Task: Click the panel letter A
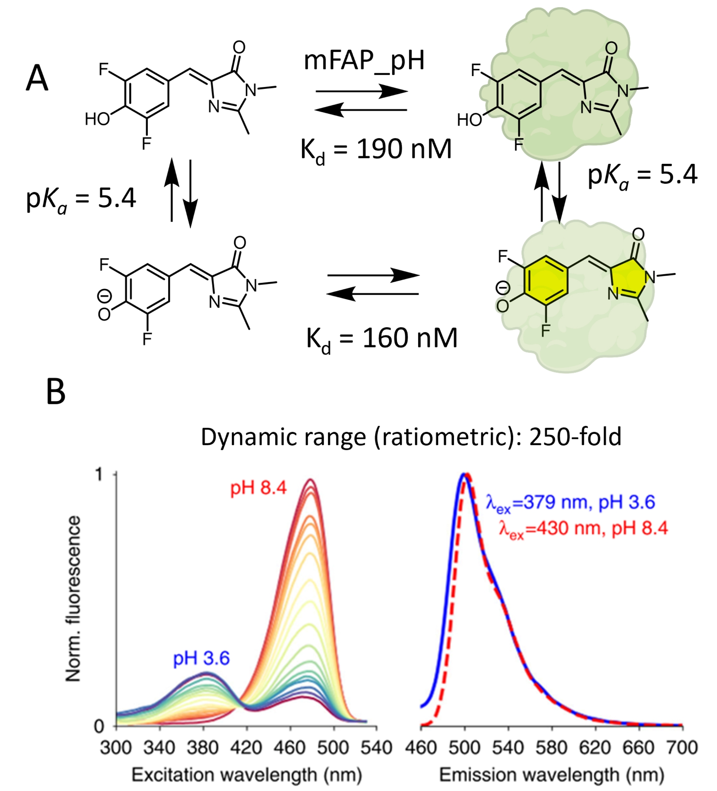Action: point(37,78)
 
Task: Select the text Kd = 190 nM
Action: point(376,150)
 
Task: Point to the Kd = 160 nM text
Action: point(382,338)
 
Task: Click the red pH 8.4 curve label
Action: point(258,488)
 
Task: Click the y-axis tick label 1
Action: point(99,475)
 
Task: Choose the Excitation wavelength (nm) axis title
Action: point(246,775)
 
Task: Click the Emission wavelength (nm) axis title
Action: point(552,775)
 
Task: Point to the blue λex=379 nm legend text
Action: point(570,503)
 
